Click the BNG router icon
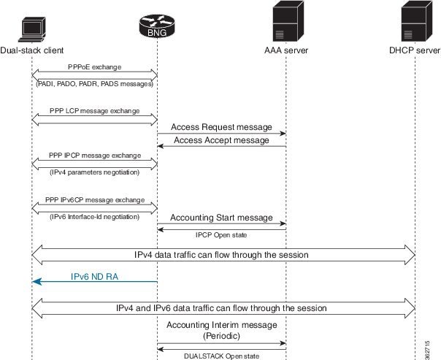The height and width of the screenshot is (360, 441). (x=158, y=26)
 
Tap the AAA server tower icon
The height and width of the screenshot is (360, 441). (x=285, y=23)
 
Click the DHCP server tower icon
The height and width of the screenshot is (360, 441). (x=415, y=23)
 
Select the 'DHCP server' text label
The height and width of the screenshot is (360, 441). (x=415, y=50)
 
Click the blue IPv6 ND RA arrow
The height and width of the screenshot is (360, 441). (x=95, y=281)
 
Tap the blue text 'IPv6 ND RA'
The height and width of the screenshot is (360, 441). (x=96, y=277)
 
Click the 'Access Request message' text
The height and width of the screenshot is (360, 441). (x=221, y=126)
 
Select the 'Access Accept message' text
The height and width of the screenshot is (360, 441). (x=221, y=139)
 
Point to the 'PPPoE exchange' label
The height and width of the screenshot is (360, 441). (x=95, y=66)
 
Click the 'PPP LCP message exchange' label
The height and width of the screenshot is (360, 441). (x=95, y=110)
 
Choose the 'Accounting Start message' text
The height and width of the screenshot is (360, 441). (x=221, y=217)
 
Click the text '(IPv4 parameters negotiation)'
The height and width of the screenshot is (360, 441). (x=95, y=172)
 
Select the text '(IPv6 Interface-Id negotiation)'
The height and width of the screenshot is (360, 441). (x=95, y=217)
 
